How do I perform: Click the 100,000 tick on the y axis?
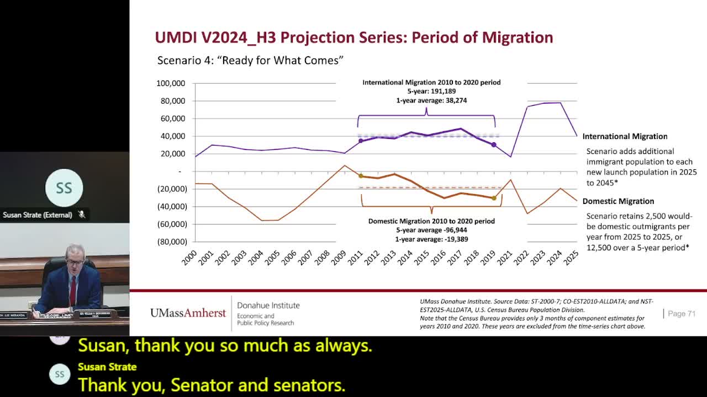point(171,83)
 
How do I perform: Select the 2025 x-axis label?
point(571,257)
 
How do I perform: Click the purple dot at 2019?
point(494,145)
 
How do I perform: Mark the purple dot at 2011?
point(361,141)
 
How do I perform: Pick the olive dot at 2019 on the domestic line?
point(494,198)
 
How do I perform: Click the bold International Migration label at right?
point(625,136)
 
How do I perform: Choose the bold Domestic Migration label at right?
point(618,201)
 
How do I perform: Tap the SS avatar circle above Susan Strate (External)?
point(64,187)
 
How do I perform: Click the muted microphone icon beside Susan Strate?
point(82,214)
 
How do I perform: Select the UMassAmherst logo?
point(188,313)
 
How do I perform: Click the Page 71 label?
point(681,314)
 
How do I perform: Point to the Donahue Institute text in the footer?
point(268,305)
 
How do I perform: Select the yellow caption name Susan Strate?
point(107,367)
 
